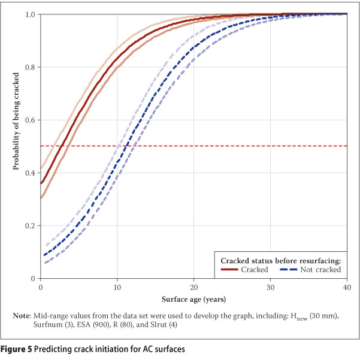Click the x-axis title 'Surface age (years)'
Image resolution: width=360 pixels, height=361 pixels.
tap(194, 298)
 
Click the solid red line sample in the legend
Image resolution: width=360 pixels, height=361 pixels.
tap(231, 270)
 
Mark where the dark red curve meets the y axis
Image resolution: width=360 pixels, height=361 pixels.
tap(41, 183)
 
